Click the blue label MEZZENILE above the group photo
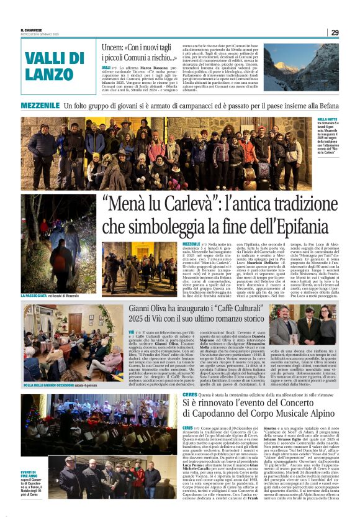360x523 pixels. point(40,106)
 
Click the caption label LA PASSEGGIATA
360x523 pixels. point(37,296)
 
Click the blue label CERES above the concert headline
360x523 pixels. point(190,378)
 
